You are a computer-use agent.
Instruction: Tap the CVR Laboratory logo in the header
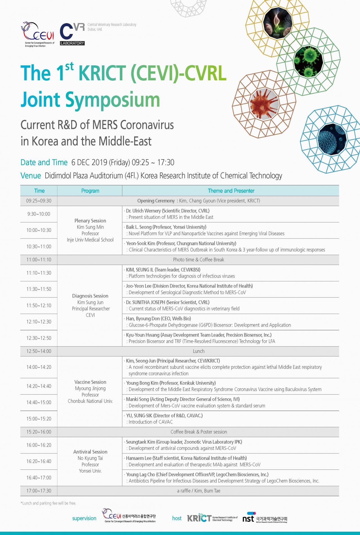[x=72, y=34]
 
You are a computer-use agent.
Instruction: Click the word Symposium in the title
[x=113, y=100]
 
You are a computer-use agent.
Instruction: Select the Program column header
[x=90, y=191]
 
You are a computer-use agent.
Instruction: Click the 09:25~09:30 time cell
[x=39, y=201]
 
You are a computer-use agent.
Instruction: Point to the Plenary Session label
[x=90, y=221]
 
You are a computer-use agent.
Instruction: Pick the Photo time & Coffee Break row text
[x=199, y=260]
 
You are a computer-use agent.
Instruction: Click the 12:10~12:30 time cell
[x=39, y=322]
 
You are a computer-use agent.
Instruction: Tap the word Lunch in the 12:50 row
[x=199, y=351]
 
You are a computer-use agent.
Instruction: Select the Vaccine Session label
[x=90, y=382]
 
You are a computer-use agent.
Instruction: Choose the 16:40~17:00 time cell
[x=39, y=478]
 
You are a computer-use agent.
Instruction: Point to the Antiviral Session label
[x=90, y=452]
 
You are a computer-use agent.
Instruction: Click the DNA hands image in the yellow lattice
[x=278, y=22]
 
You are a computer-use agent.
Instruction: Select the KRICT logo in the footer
[x=212, y=518]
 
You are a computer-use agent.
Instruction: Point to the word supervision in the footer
[x=84, y=518]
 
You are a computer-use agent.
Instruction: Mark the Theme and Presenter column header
[x=231, y=191]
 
